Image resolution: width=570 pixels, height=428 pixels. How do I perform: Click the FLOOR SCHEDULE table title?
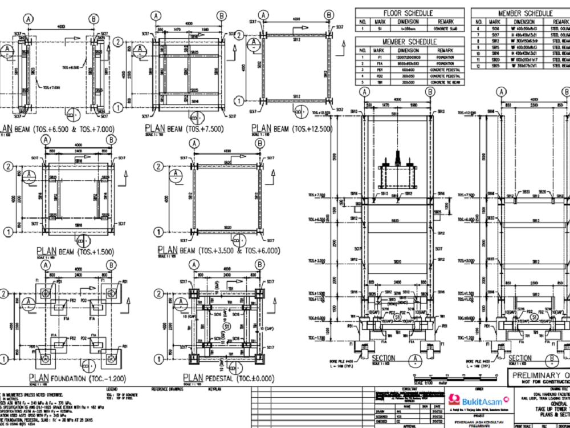click(408, 13)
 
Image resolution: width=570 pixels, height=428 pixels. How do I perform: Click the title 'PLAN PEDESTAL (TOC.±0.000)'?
click(228, 378)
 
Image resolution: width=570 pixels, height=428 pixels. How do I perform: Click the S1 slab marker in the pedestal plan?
click(227, 326)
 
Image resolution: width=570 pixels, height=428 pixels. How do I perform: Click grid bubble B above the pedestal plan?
click(260, 265)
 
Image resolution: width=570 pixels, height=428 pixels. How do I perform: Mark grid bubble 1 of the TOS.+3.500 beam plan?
click(160, 232)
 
